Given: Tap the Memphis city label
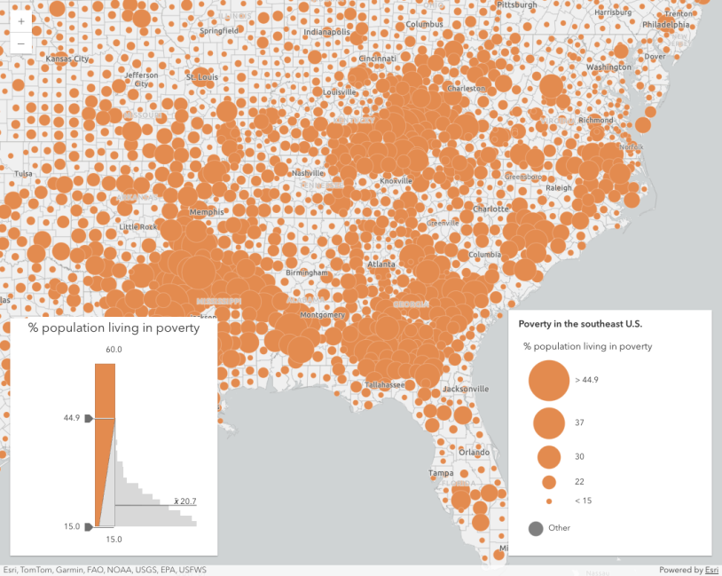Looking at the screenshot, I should pyautogui.click(x=207, y=212).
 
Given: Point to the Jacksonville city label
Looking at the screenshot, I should pyautogui.click(x=466, y=389).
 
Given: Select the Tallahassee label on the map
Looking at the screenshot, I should pyautogui.click(x=384, y=384).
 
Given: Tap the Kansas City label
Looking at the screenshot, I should pyautogui.click(x=67, y=59).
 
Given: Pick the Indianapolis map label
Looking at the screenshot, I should pyautogui.click(x=327, y=33).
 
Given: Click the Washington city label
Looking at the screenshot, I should pyautogui.click(x=608, y=67).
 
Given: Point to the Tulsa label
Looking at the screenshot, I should pyautogui.click(x=23, y=173).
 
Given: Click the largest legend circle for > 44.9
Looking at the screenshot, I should pyautogui.click(x=548, y=380).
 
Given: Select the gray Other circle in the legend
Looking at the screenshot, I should pyautogui.click(x=537, y=528).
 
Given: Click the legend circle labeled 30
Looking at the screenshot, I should pyautogui.click(x=549, y=457).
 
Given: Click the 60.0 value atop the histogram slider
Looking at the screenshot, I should pyautogui.click(x=113, y=350).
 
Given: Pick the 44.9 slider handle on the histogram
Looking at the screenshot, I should pyautogui.click(x=89, y=418).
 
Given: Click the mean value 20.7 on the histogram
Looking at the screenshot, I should pyautogui.click(x=184, y=501).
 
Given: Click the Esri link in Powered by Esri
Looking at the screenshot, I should pyautogui.click(x=711, y=570).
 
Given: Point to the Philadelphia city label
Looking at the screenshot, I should pyautogui.click(x=665, y=25).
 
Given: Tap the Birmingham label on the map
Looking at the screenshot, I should pyautogui.click(x=307, y=272).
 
